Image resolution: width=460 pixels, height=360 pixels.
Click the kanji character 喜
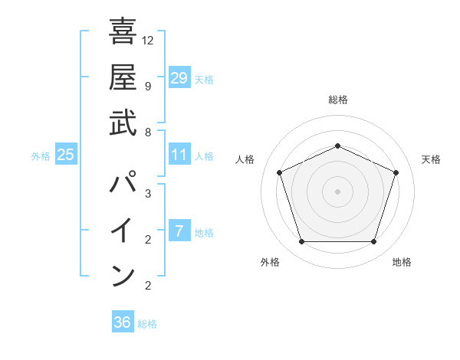coord(123,32)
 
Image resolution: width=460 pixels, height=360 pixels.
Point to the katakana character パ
coord(123,184)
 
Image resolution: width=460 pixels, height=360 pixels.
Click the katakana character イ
coord(123,230)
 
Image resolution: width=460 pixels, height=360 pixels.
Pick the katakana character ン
coord(123,274)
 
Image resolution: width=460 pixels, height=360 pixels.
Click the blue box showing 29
coord(179,77)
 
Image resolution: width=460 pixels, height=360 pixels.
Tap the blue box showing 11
coord(179,155)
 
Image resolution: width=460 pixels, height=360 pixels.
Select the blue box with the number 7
coord(179,231)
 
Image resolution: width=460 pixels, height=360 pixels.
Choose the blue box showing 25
coord(66,155)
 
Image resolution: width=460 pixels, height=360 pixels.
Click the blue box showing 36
coord(123,322)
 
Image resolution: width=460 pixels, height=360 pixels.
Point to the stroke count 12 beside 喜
coord(148,40)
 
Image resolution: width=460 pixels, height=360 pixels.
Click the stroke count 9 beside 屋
coord(147,86)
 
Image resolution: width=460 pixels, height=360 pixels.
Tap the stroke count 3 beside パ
coord(147,193)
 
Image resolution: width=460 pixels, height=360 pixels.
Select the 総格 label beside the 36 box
coord(147,324)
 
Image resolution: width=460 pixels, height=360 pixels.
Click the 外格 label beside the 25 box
coord(41,156)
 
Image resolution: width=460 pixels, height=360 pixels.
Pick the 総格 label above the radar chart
coord(337,100)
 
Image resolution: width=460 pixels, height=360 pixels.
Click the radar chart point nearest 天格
coord(396,172)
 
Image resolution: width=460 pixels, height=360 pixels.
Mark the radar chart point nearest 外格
coord(301,242)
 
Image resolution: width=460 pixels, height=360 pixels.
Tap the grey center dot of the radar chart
coord(337,191)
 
